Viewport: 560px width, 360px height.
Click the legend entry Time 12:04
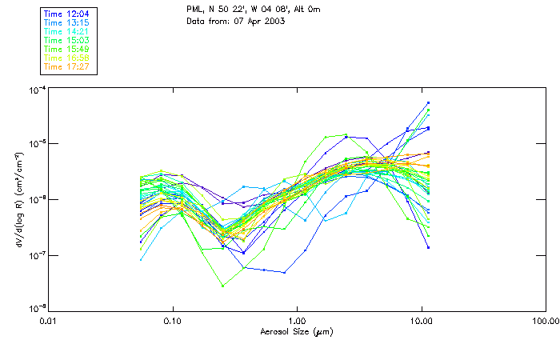pos(66,13)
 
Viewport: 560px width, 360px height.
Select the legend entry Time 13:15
pos(66,22)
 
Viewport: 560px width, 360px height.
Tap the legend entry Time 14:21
pos(66,30)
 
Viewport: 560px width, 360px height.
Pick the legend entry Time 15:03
pos(66,39)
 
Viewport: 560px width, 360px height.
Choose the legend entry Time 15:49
pos(66,48)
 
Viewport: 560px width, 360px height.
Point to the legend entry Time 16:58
pos(66,57)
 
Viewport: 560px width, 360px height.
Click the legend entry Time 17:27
pos(66,66)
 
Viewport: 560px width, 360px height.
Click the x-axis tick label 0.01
pos(49,320)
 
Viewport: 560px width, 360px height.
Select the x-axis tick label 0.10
pos(173,320)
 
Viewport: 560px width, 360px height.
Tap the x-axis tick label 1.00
pos(297,320)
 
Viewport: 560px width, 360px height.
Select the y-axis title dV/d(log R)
pos(19,199)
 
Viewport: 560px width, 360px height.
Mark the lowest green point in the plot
pos(222,286)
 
